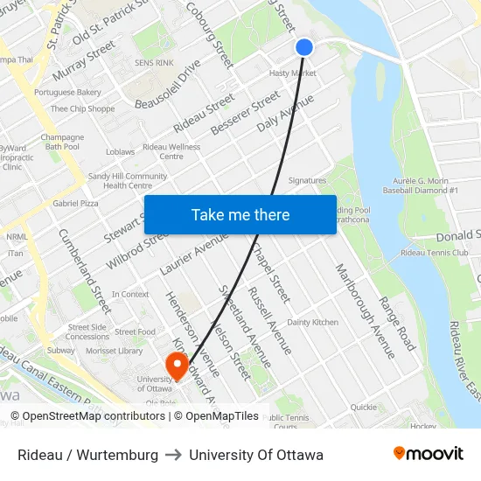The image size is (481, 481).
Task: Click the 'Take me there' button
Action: pyautogui.click(x=240, y=215)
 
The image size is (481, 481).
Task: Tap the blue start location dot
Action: pyautogui.click(x=304, y=47)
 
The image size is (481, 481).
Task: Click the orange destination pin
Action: pyautogui.click(x=177, y=365)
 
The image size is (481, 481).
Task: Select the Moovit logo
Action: pyautogui.click(x=429, y=454)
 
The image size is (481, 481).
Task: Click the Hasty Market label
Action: pyautogui.click(x=292, y=73)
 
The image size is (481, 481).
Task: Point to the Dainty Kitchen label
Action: pyautogui.click(x=312, y=323)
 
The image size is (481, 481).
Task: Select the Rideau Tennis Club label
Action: pyautogui.click(x=434, y=253)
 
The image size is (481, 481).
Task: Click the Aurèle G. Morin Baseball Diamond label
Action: pyautogui.click(x=421, y=185)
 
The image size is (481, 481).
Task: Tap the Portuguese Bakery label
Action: pyautogui.click(x=67, y=92)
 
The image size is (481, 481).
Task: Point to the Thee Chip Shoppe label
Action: pyautogui.click(x=82, y=109)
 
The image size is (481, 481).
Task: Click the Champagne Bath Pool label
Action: pyautogui.click(x=62, y=142)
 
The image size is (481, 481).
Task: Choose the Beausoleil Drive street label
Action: pyautogui.click(x=167, y=84)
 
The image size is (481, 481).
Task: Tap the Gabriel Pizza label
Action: pyautogui.click(x=75, y=203)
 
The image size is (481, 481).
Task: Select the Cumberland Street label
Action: pyautogui.click(x=85, y=270)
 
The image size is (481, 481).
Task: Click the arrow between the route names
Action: pyautogui.click(x=173, y=455)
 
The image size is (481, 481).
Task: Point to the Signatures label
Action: pyautogui.click(x=307, y=181)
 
